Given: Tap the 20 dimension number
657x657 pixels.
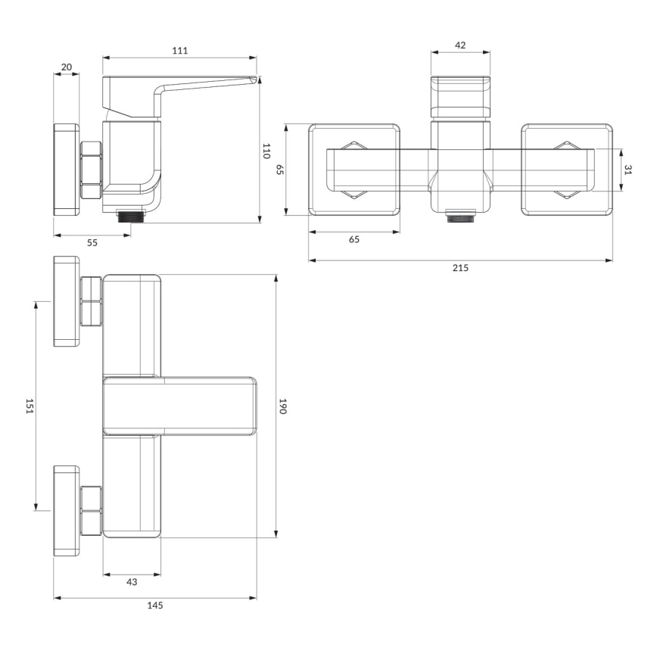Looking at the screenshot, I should pos(66,67).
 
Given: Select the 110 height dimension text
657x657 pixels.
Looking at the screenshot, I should pos(266,150).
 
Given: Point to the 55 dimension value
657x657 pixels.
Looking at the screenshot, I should pos(92,242).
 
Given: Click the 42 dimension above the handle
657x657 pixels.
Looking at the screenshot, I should pos(459,45).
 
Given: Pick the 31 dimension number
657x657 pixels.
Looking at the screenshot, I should pos(627,170).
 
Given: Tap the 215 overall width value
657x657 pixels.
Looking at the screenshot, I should pos(461,268).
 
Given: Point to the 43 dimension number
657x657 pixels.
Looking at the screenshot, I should pos(132,582).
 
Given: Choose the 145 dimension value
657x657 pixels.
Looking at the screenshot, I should pos(155,605).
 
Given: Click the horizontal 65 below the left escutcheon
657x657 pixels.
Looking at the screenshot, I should pos(353,239).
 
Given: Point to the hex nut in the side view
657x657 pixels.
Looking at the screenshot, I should pos(90,170).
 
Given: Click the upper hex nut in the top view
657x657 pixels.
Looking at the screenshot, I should pos(91,301).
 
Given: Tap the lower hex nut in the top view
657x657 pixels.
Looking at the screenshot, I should pos(91,511).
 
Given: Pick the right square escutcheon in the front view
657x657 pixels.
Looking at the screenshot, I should pos(568,170).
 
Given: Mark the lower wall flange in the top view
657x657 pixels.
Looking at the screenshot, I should pos(67,512).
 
